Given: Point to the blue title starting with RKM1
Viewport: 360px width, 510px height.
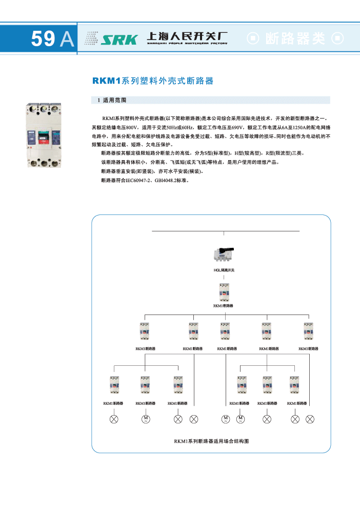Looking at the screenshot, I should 152,81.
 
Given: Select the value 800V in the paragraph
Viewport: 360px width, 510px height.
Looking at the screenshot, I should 131,127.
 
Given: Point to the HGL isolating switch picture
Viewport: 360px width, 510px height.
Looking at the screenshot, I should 224,254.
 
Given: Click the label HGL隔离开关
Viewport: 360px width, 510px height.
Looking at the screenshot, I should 224,270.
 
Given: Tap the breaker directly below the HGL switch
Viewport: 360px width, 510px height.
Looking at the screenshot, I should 224,292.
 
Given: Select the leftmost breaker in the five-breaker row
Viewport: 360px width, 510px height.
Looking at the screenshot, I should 145,331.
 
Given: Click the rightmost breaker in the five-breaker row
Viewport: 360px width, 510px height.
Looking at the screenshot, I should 309,331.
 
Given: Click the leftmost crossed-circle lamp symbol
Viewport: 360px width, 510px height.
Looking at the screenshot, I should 114,419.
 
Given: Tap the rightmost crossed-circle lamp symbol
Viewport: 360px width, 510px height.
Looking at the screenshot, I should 309,419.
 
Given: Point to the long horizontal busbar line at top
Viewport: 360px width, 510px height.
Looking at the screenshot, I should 226,231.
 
